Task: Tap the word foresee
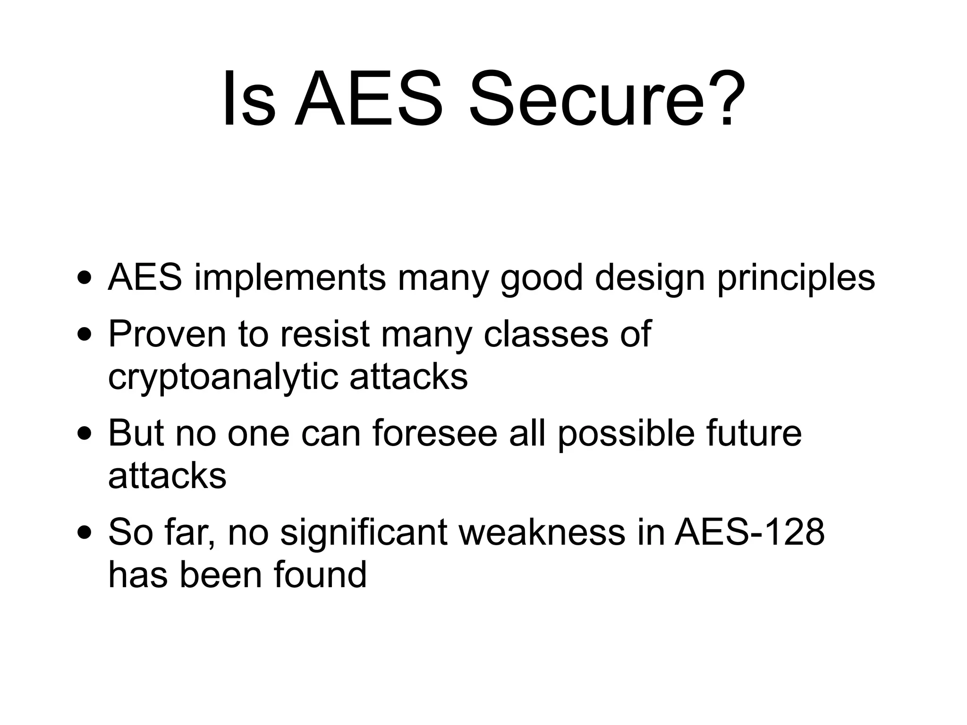pyautogui.click(x=435, y=434)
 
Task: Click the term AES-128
pyautogui.click(x=749, y=533)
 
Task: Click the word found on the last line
pyautogui.click(x=320, y=575)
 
